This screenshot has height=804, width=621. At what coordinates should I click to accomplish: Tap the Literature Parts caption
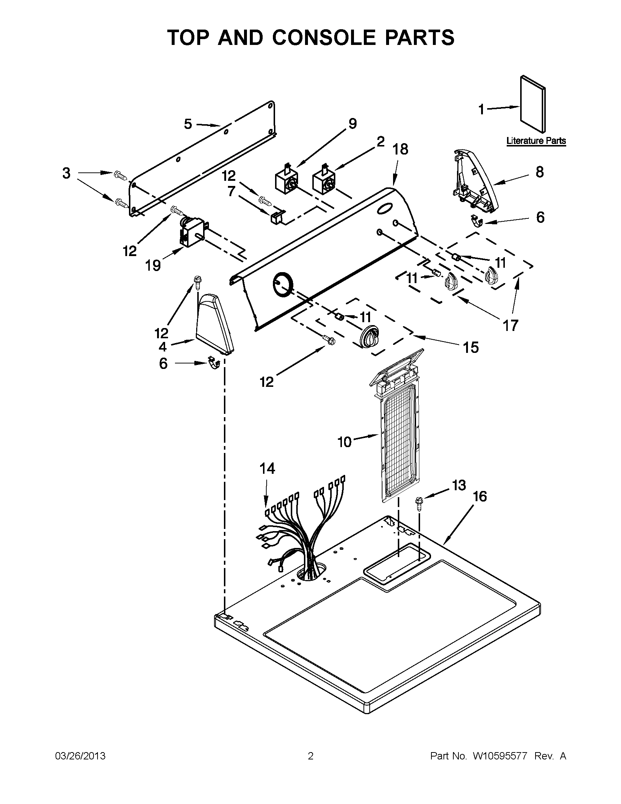[536, 141]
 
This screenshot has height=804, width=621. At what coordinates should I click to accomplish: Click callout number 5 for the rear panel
[188, 124]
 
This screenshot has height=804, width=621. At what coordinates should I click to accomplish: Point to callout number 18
[400, 149]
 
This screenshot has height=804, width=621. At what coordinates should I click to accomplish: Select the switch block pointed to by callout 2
[324, 182]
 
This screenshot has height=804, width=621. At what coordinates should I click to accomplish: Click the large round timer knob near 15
[369, 336]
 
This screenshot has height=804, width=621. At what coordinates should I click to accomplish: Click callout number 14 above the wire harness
[267, 469]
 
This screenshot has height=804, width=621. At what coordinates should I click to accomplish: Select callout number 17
[511, 325]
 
